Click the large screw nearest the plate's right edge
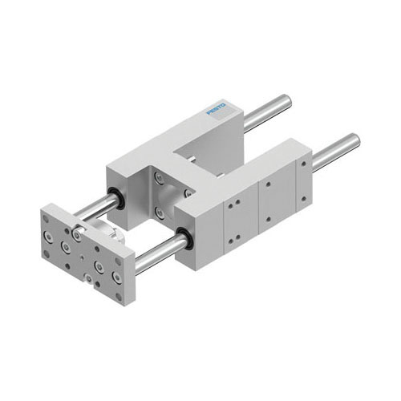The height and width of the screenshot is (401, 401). [x=118, y=277]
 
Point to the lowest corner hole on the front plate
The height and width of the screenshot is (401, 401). [x=119, y=295]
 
